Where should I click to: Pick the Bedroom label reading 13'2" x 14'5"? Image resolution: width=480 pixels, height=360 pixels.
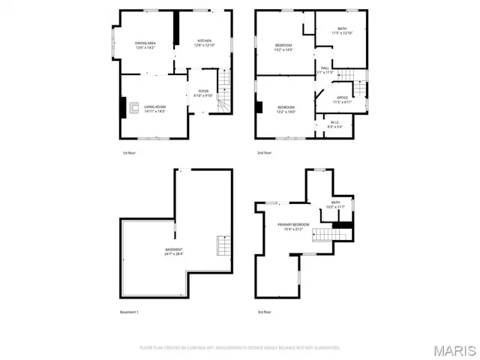283,47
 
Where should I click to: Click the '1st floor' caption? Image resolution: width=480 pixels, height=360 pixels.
128,153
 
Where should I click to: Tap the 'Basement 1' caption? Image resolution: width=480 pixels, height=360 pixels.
129,311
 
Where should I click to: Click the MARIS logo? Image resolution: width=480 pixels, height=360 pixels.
453,350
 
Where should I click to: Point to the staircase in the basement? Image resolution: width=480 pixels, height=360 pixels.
222,245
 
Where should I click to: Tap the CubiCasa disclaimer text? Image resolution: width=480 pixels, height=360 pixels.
240,348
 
